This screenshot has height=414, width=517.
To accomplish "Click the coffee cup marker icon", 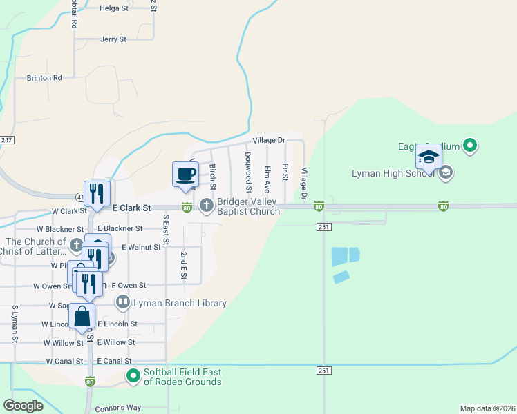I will (185, 173).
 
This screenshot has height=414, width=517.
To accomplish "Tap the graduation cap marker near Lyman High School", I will (429, 157).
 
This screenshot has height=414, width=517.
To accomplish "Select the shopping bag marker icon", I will (82, 316).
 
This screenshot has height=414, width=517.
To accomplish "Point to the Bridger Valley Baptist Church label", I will (249, 206).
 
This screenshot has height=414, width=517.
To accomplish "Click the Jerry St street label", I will (113, 39).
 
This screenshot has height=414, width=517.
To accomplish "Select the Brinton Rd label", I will (44, 78).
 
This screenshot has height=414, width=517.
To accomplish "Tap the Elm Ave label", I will (266, 178).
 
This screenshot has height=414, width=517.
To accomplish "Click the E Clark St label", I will (132, 207).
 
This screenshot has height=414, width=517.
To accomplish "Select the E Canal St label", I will (115, 361).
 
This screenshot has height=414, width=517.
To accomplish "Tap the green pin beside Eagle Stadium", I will (470, 146).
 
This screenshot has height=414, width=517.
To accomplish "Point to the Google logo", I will (23, 406).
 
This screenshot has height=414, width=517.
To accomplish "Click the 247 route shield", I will (6, 139).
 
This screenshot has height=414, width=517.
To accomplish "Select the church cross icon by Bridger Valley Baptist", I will (207, 206).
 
